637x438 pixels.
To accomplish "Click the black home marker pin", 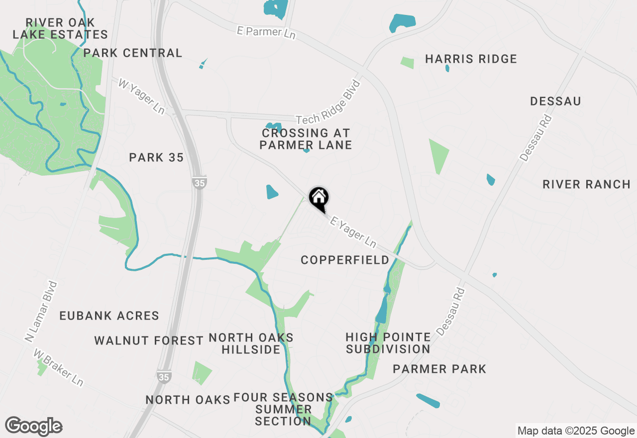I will (318, 199).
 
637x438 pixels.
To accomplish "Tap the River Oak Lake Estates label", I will (60, 29).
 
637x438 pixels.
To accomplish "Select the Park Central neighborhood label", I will (133, 53).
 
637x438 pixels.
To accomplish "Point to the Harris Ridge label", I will (471, 59).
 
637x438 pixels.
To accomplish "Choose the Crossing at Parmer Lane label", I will (306, 139).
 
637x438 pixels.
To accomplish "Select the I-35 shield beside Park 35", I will (199, 183).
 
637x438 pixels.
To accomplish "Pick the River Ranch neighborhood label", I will (586, 184).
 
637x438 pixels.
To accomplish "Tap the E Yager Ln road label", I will (353, 232).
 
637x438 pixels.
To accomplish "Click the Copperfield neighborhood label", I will (345, 260).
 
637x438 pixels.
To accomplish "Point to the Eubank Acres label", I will (109, 316).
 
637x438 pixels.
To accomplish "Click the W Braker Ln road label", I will (58, 367).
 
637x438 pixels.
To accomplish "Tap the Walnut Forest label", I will (149, 340).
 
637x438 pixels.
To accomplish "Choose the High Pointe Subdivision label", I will (388, 343).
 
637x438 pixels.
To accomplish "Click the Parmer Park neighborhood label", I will (439, 369).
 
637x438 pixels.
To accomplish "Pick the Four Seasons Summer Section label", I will (283, 409).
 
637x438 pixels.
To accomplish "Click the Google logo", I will (34, 426).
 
